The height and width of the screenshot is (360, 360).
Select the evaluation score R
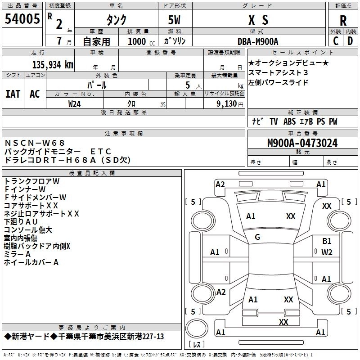343,20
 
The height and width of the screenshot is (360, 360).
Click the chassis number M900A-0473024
302,143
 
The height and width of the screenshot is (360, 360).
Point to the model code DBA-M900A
258,41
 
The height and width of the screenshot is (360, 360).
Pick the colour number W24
75,103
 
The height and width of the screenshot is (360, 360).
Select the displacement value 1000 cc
137,41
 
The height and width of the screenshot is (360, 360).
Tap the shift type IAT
13,94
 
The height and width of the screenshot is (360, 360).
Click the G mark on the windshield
257,237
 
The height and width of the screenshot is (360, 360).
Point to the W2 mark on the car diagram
327,252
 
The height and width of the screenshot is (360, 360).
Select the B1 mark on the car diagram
327,242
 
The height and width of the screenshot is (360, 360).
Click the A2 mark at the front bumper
220,184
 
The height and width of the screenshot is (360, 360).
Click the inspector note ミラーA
17,254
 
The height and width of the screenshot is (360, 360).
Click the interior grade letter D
350,41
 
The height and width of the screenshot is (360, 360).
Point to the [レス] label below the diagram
197,345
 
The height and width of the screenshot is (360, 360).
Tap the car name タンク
116,20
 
